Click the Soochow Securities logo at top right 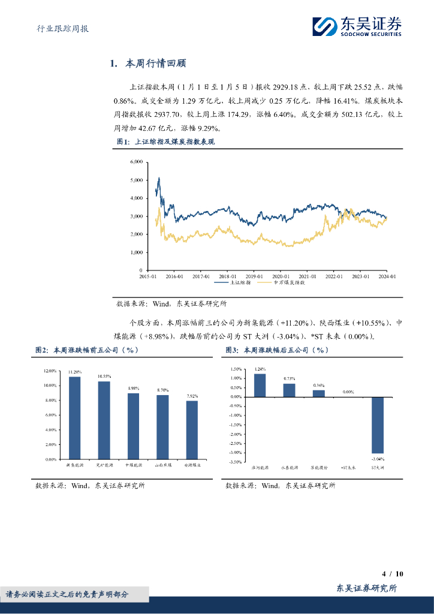[358, 25]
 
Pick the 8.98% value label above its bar [133, 389]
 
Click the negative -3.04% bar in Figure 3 [377, 425]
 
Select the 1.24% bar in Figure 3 [260, 385]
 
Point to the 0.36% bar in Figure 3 [319, 393]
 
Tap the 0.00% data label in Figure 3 [348, 392]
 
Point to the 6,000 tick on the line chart [135, 162]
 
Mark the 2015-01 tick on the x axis [148, 276]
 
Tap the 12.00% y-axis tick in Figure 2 [50, 371]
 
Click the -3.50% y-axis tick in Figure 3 [235, 462]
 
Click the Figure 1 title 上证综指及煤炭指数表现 [174, 142]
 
